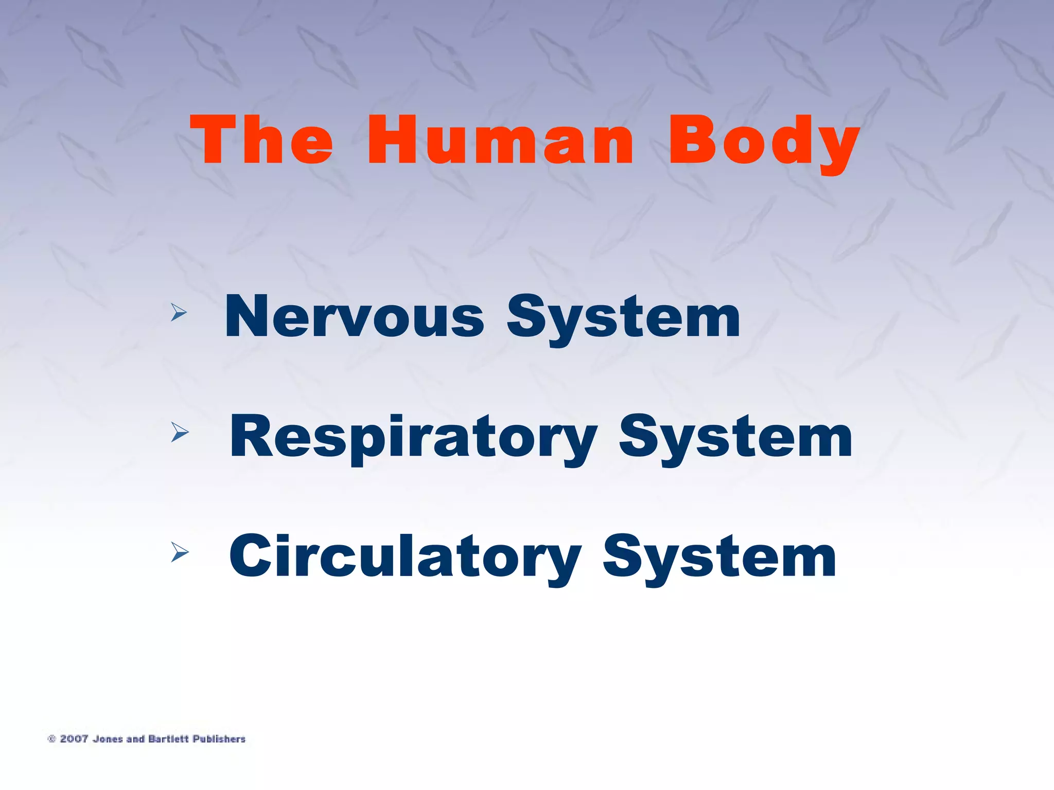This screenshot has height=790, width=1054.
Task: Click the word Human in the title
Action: pyautogui.click(x=500, y=140)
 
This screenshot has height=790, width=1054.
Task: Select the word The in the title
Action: pyautogui.click(x=262, y=140)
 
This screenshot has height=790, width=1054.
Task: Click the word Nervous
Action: pyautogui.click(x=355, y=316)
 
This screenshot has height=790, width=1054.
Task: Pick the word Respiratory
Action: pyautogui.click(x=413, y=437)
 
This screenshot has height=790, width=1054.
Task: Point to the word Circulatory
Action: pyautogui.click(x=406, y=557)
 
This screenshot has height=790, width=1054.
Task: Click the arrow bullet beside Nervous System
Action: pyautogui.click(x=179, y=312)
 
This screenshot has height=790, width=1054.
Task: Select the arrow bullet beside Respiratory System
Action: pyautogui.click(x=180, y=432)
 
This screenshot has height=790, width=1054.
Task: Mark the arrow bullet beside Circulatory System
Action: pyautogui.click(x=180, y=552)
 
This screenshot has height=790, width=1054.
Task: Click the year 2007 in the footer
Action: pyautogui.click(x=74, y=739)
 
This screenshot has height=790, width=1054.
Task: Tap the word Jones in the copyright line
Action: pyautogui.click(x=108, y=739)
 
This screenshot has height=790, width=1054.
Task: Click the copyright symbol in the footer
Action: pyautogui.click(x=51, y=739)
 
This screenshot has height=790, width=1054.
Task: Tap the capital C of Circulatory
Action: pyautogui.click(x=250, y=556)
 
